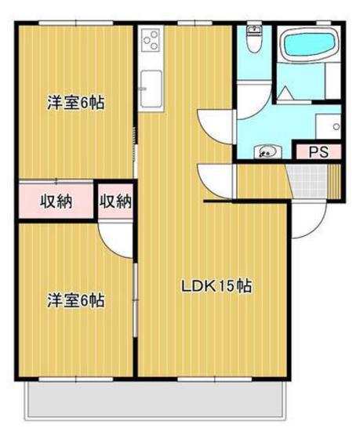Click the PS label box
click(317, 152)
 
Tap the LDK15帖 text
click(216, 287)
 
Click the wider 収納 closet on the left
click(56, 201)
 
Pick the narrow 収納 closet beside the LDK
click(116, 201)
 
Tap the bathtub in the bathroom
click(308, 45)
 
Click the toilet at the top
click(253, 39)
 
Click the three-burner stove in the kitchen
click(151, 38)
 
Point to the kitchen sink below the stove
click(150, 82)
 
